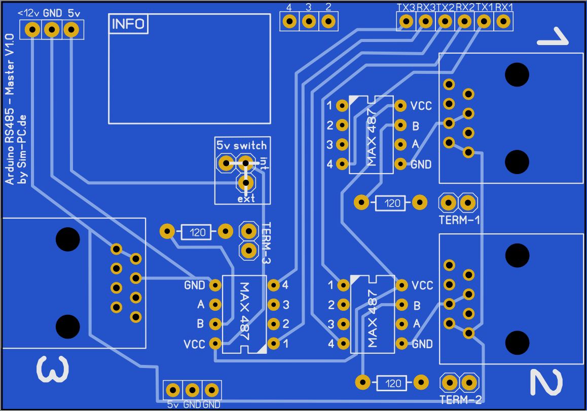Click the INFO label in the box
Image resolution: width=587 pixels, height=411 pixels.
[128, 24]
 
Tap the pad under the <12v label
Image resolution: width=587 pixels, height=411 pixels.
[32, 29]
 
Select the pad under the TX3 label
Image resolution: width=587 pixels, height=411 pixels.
[406, 21]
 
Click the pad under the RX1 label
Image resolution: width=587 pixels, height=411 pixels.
[503, 21]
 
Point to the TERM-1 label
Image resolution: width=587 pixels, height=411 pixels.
[459, 220]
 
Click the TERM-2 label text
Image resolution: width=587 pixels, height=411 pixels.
[460, 400]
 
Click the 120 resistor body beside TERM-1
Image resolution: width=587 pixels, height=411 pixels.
[390, 203]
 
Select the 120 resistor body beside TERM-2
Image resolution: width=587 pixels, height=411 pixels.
[391, 383]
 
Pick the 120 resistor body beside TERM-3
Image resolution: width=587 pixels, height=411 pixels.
[196, 232]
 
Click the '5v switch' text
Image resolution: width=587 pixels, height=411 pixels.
[241, 145]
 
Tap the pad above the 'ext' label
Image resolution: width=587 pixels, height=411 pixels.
[246, 183]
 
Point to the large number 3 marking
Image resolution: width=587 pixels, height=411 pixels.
[53, 369]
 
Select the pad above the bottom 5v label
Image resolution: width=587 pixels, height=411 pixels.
[172, 390]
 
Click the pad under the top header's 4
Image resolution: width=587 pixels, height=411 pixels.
[289, 21]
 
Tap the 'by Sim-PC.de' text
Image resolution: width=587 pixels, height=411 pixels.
[22, 149]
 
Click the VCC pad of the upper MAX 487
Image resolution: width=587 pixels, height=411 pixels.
[400, 106]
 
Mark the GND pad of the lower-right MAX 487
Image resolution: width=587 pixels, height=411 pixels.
[401, 343]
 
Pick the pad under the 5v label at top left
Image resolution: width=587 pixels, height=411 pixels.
[71, 29]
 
